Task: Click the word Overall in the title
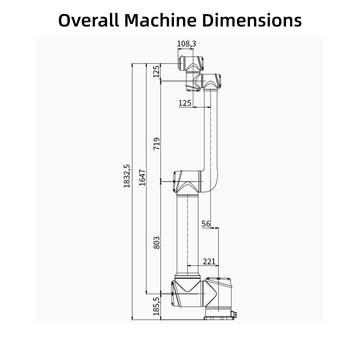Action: click(89, 20)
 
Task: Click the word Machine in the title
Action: click(160, 20)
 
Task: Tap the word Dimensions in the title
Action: click(252, 20)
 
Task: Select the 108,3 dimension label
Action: click(186, 44)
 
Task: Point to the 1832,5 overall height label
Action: click(127, 176)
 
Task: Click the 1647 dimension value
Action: click(142, 178)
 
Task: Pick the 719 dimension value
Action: click(157, 144)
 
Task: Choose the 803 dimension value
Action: click(157, 243)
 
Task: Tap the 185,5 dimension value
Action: click(156, 306)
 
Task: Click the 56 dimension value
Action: click(206, 224)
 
